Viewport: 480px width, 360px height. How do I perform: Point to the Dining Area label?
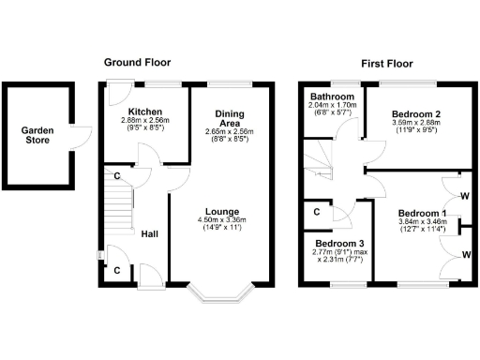(229, 117)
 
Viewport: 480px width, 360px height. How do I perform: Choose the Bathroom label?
(332, 97)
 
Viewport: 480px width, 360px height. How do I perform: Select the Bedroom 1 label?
(422, 212)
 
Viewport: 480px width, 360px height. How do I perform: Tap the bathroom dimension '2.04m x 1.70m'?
(332, 106)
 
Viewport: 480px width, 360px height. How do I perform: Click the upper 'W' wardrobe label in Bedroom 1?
(466, 196)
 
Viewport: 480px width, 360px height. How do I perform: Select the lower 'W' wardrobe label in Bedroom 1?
(466, 254)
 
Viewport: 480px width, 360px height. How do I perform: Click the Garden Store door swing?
(82, 137)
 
